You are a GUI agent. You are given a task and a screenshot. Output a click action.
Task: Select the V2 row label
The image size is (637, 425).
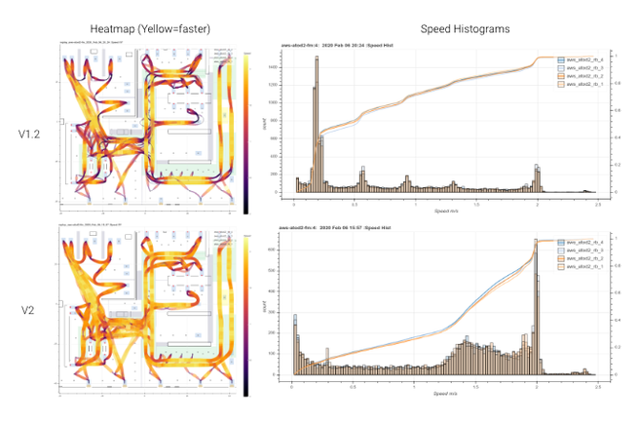point(29,311)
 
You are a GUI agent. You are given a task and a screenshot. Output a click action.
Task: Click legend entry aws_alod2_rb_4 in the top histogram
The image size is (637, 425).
point(579,58)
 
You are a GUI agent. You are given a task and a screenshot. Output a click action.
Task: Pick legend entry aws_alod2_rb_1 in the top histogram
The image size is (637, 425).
point(579,85)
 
